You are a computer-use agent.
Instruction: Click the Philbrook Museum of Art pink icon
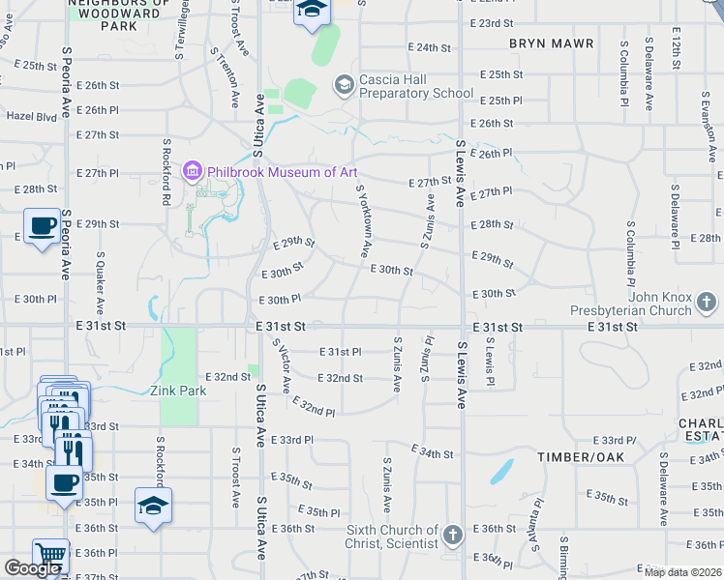(193, 172)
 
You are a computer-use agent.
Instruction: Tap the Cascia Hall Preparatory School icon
(344, 85)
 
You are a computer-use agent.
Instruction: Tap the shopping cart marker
(50, 555)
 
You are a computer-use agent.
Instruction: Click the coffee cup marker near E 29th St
(41, 226)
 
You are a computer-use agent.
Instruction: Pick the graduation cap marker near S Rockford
(153, 506)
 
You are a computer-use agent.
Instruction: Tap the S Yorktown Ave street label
(364, 221)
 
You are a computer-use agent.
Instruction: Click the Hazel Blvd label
(32, 115)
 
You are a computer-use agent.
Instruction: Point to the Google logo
(32, 568)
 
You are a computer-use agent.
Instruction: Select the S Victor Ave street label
(281, 365)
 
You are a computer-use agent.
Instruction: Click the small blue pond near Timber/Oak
(501, 472)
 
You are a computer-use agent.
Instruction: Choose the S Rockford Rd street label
(166, 171)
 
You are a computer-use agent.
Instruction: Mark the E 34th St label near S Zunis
(432, 451)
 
